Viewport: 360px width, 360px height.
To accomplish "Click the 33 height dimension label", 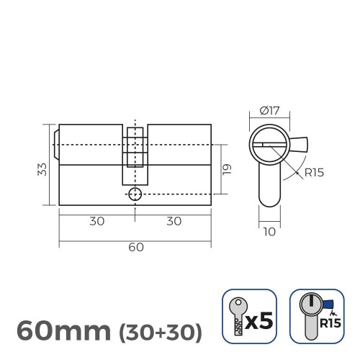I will pyautogui.click(x=42, y=168).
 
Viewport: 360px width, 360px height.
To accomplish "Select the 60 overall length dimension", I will pyautogui.click(x=135, y=247).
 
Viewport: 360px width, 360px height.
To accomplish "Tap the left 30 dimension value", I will pyautogui.click(x=96, y=221).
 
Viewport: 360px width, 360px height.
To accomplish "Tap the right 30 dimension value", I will pyautogui.click(x=173, y=221).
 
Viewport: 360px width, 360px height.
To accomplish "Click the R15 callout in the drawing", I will pyautogui.click(x=313, y=173).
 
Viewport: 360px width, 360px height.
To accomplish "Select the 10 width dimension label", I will pyautogui.click(x=269, y=233).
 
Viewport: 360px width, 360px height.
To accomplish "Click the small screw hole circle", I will pyautogui.click(x=135, y=194).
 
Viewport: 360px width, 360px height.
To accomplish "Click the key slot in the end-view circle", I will pyautogui.click(x=269, y=147).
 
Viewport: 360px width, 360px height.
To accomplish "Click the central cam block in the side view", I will pyautogui.click(x=135, y=154).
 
